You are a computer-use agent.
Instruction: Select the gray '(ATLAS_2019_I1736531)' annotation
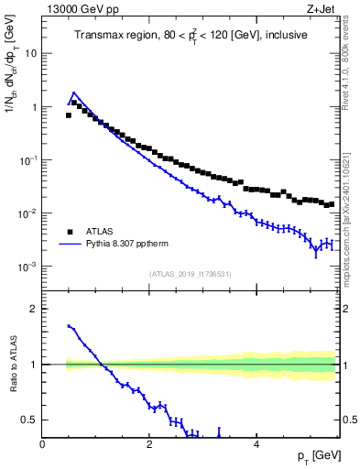tap(190, 274)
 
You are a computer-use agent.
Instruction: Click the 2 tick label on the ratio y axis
tap(35, 309)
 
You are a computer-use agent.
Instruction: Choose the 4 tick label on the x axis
tap(256, 445)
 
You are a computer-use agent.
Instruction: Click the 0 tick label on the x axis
tap(43, 445)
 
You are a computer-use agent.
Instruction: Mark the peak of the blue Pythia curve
tap(73, 93)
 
